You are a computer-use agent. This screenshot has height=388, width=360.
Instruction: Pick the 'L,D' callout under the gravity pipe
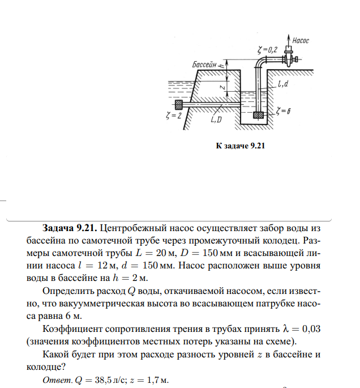(216, 120)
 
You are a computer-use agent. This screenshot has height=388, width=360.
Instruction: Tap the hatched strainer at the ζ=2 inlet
(179, 105)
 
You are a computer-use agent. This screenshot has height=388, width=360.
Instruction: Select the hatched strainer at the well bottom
(259, 114)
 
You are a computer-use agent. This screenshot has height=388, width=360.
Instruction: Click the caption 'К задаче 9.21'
(241, 146)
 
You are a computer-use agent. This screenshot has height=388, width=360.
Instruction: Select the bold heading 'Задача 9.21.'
(68, 229)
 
